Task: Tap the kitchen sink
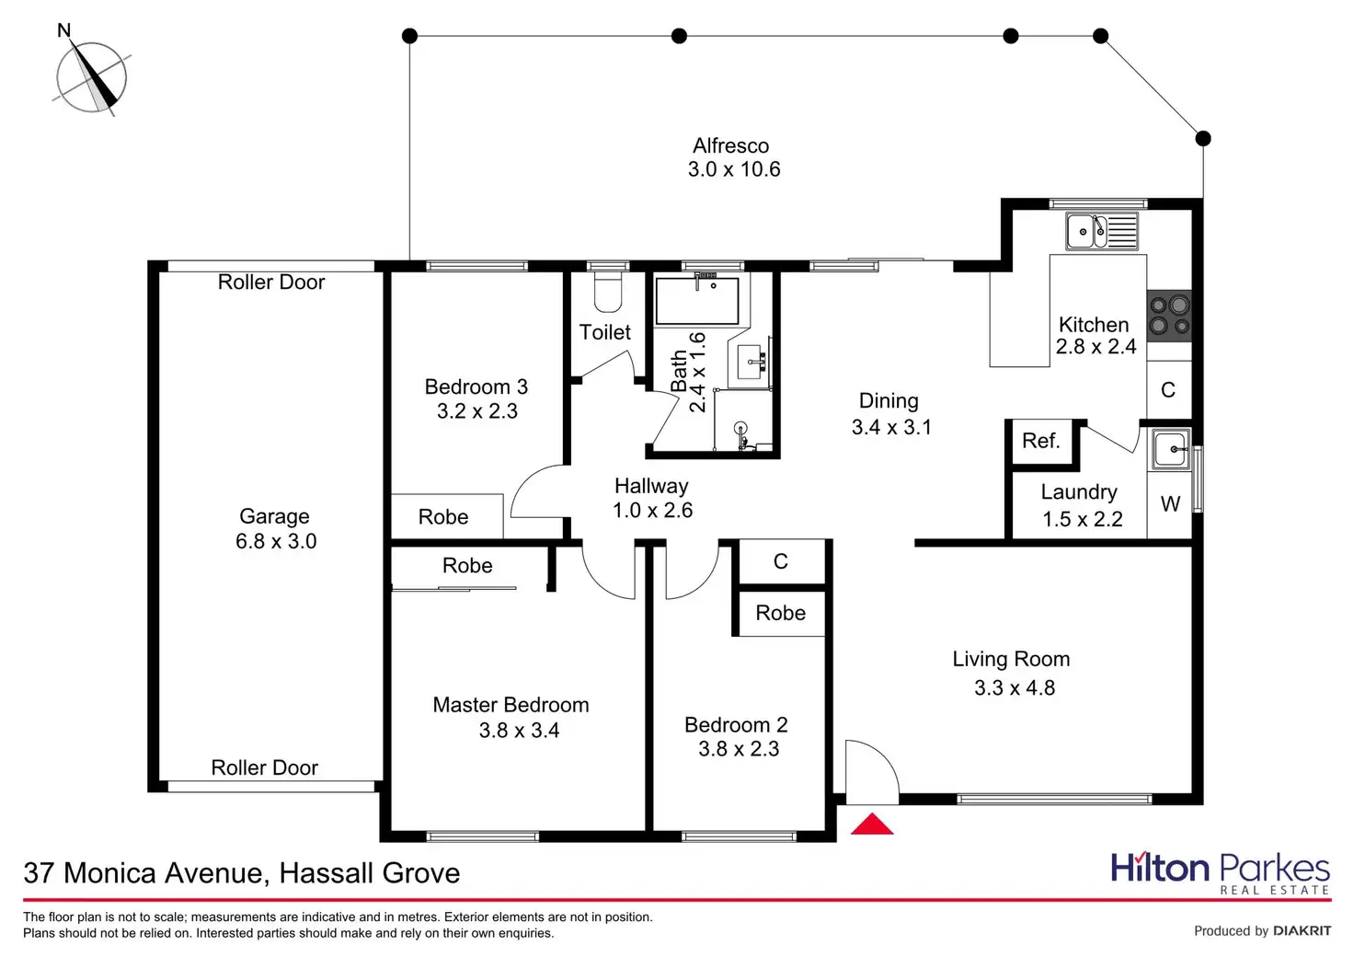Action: (1101, 231)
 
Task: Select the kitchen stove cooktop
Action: (1169, 315)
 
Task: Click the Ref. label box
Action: (1041, 442)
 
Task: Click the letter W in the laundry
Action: (1170, 504)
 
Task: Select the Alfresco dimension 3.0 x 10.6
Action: (734, 169)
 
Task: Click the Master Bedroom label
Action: (511, 705)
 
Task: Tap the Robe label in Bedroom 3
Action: (443, 517)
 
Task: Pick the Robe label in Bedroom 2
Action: (780, 613)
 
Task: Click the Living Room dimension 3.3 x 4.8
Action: (1015, 688)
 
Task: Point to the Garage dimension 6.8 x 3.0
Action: (276, 541)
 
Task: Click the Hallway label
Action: (651, 486)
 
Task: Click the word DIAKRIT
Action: (1302, 931)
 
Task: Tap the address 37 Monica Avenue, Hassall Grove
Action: (242, 872)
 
